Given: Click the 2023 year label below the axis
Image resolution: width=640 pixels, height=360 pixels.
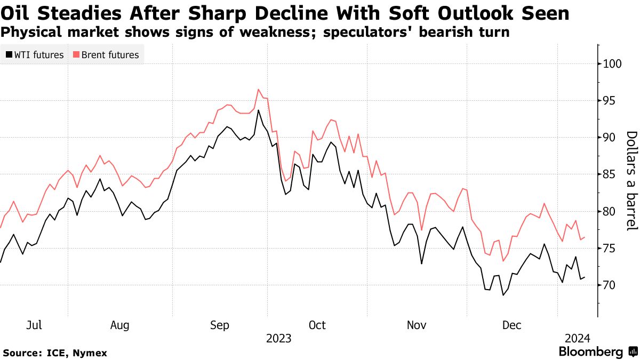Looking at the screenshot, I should click(x=278, y=338).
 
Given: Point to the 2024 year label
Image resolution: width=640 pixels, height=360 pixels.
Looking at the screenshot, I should click(x=577, y=338).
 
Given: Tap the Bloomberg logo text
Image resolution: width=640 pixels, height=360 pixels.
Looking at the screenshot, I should click(x=590, y=352).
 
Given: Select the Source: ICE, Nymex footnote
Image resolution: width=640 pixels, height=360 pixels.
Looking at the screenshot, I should click(x=55, y=353).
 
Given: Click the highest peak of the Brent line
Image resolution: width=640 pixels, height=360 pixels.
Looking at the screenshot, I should click(x=258, y=89).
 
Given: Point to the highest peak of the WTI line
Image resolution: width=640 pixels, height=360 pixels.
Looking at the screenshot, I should click(x=258, y=110).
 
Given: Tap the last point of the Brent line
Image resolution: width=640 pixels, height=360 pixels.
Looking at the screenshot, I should click(x=585, y=237).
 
